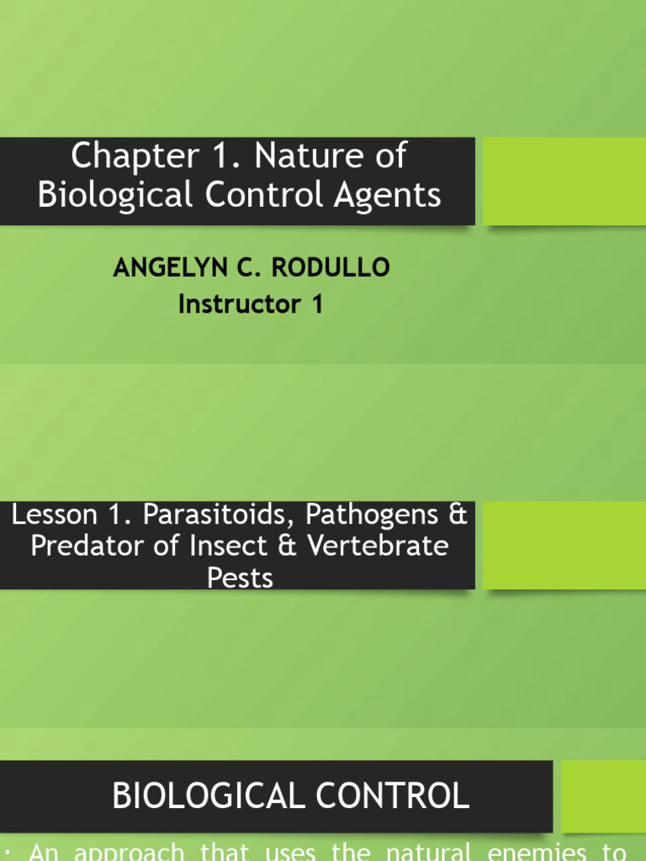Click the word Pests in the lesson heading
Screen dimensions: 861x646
[x=240, y=578]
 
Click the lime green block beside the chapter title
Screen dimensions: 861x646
[x=564, y=181]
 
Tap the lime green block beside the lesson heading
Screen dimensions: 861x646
[x=564, y=546]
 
